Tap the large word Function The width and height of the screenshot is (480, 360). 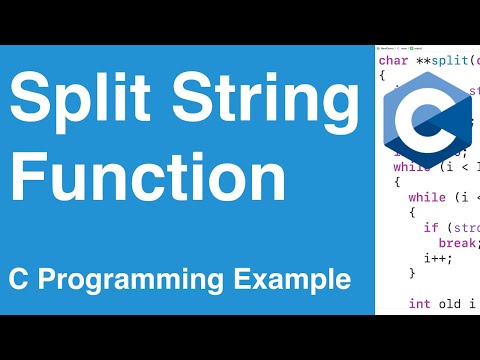click(x=140, y=182)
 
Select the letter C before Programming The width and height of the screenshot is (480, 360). click(x=20, y=278)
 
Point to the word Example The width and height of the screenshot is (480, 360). click(x=299, y=278)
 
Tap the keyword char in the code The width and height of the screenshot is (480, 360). click(x=393, y=60)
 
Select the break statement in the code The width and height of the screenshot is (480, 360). click(x=457, y=243)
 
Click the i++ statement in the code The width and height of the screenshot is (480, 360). click(x=449, y=257)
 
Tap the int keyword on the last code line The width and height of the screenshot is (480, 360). click(x=420, y=303)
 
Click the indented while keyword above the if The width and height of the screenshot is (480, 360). click(x=427, y=198)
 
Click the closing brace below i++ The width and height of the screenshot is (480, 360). click(x=412, y=272)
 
